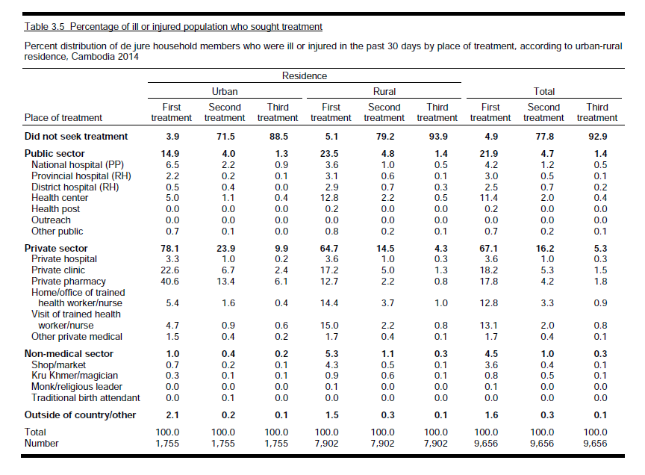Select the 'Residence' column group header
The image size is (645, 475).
[x=304, y=75]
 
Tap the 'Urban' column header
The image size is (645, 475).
[x=225, y=91]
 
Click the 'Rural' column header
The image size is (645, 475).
[x=384, y=91]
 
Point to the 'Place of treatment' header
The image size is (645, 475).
[x=63, y=117]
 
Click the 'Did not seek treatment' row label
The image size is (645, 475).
[x=76, y=136]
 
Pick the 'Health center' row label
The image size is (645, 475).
[x=60, y=198]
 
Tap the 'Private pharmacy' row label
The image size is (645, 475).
[x=68, y=281]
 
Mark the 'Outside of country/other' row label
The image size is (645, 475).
[x=81, y=415]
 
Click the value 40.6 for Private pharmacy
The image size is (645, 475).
[x=171, y=281]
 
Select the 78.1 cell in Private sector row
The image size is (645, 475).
[x=171, y=248]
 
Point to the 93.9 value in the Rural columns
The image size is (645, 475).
[x=437, y=136]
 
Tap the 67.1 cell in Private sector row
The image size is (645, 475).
[x=490, y=248]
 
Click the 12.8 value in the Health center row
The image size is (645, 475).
[x=331, y=198]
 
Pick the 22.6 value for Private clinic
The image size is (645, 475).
[x=171, y=270]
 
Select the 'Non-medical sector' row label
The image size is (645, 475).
[x=69, y=353]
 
